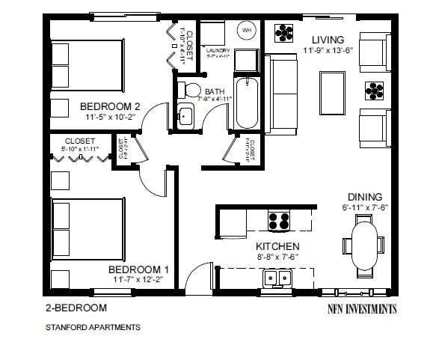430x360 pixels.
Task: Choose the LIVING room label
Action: coord(328,40)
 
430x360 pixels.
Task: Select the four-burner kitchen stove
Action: coord(279,221)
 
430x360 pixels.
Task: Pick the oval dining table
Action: coord(366,245)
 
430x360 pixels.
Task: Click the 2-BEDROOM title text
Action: coord(76,308)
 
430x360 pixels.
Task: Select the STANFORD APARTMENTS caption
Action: coord(92,326)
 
